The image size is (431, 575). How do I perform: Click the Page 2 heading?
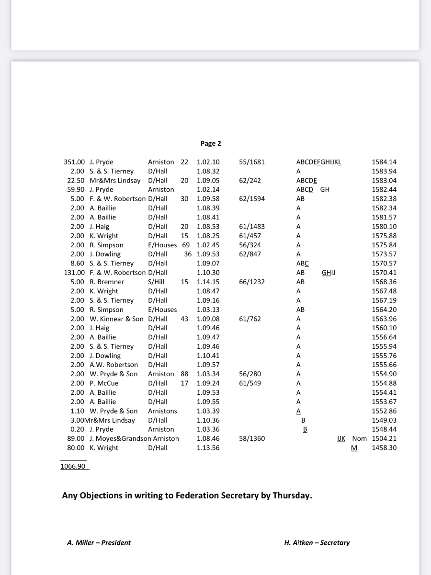click(211, 143)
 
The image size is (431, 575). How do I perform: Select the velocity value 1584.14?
click(384, 162)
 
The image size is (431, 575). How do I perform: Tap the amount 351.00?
click(74, 162)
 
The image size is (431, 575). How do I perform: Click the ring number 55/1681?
click(251, 162)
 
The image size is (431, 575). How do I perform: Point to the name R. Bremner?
click(107, 282)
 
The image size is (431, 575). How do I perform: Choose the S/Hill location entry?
click(157, 282)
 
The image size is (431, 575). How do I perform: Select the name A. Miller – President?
click(99, 542)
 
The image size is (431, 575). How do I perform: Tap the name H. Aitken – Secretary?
click(317, 542)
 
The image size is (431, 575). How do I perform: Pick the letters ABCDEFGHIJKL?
click(319, 162)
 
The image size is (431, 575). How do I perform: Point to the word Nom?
click(359, 438)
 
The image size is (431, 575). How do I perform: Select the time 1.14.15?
click(208, 282)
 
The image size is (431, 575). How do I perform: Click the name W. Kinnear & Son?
click(116, 319)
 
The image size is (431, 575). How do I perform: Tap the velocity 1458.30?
click(384, 448)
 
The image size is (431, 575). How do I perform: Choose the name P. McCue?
click(104, 383)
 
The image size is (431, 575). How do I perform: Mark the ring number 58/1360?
click(251, 438)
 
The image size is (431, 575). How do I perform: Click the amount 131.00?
click(74, 273)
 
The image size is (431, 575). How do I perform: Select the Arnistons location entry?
click(162, 411)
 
